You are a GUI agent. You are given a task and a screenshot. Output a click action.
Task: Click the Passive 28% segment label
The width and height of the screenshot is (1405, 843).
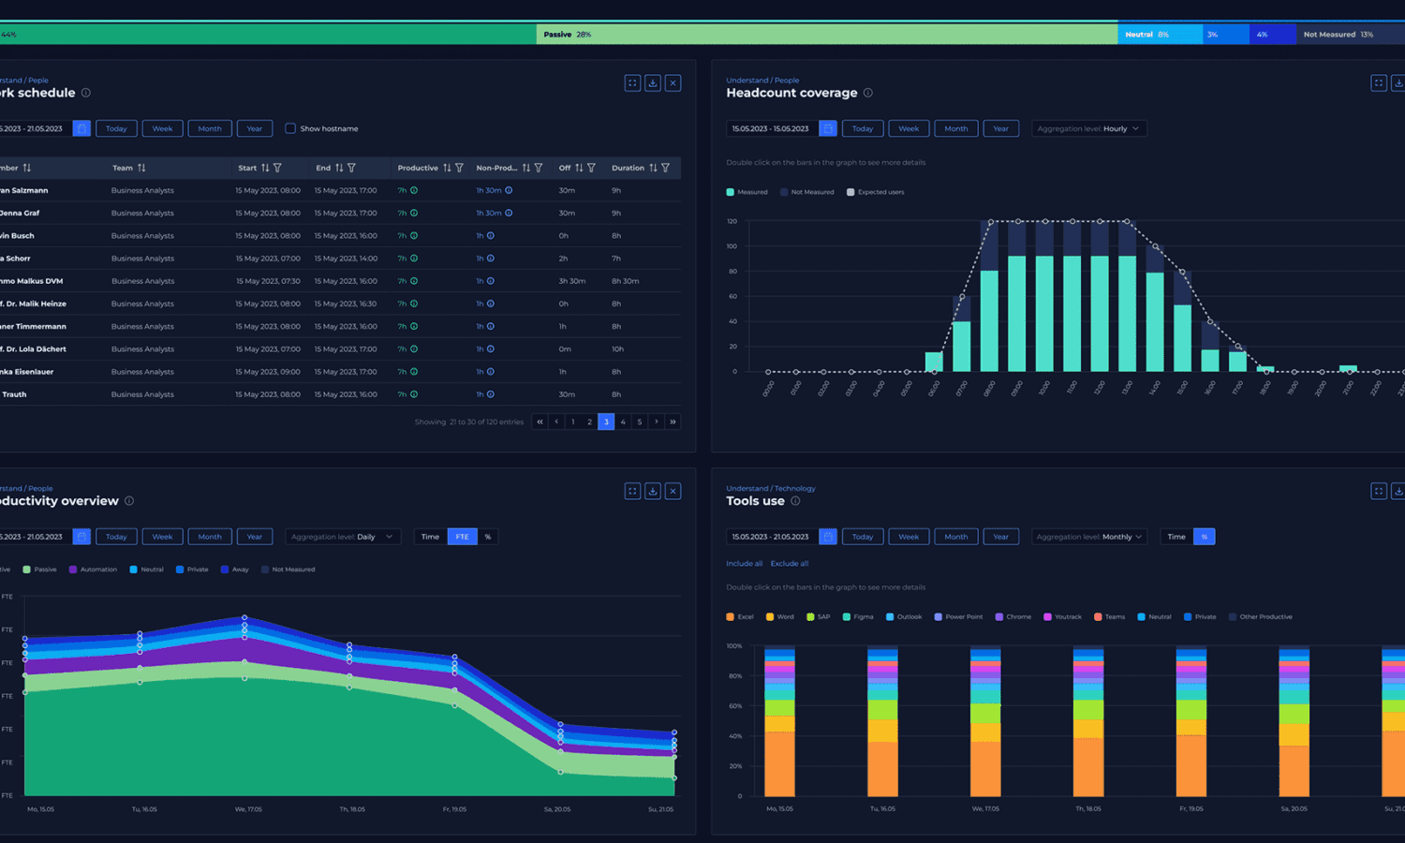[567, 35]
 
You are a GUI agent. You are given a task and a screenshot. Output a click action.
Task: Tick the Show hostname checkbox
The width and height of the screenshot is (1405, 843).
[290, 128]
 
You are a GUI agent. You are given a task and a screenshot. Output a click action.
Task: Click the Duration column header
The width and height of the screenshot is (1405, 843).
[628, 168]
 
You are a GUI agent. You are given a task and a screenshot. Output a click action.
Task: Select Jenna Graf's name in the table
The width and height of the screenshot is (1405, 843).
[20, 213]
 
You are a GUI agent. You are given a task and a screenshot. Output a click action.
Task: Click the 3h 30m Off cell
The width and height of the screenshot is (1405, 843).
[572, 281]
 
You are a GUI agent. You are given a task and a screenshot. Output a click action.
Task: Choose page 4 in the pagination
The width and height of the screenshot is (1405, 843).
[623, 421]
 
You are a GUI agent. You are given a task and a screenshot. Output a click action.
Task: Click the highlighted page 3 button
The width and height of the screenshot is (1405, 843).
[606, 421]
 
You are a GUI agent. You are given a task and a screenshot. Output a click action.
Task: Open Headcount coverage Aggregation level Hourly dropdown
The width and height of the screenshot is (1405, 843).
[1088, 128]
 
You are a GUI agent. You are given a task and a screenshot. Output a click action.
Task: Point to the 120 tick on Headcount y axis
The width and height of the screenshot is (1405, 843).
[732, 221]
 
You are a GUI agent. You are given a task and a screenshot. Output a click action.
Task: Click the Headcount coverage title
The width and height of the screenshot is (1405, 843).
[791, 93]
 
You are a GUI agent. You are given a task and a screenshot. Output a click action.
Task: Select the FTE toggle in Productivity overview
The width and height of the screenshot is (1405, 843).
[462, 537]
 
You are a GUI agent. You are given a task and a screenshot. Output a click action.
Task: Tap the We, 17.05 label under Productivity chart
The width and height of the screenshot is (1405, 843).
[248, 809]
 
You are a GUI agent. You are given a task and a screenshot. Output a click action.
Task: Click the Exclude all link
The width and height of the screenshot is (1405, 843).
[789, 563]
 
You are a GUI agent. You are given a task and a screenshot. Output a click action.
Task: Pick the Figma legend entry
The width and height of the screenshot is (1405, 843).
[863, 616]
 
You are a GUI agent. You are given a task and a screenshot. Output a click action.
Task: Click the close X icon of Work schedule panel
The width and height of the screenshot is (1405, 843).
[673, 82]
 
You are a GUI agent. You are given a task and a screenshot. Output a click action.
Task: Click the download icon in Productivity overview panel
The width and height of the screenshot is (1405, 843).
[653, 491]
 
